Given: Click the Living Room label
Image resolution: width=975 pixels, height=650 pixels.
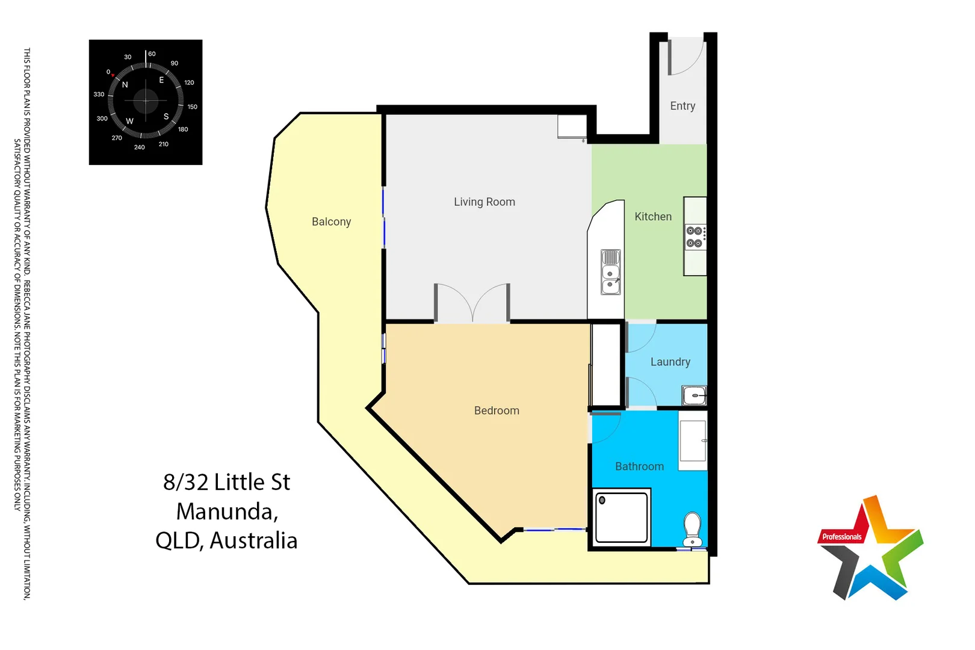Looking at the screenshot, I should (x=484, y=202).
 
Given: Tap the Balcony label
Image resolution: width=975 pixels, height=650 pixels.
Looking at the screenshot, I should (x=331, y=222).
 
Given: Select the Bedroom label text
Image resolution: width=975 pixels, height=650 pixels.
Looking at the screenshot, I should (x=497, y=411).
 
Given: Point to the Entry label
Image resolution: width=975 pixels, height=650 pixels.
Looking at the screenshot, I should (x=682, y=106).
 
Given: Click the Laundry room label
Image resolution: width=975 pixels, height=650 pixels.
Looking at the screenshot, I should (x=670, y=362).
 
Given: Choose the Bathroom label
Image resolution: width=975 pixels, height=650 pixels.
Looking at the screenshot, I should (x=639, y=467).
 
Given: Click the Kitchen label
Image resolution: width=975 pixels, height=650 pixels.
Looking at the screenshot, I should (x=653, y=217).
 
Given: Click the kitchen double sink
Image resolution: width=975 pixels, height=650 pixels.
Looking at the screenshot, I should (x=610, y=273).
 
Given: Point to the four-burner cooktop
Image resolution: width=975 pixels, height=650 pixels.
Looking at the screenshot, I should (x=695, y=237).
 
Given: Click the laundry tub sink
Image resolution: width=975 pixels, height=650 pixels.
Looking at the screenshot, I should (x=695, y=395).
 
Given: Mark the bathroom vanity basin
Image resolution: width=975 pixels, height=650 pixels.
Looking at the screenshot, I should (x=693, y=441).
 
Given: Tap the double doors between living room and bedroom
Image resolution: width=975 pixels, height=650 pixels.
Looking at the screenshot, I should (x=472, y=304).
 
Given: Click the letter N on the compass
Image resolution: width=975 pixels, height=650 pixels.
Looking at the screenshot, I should (x=125, y=85).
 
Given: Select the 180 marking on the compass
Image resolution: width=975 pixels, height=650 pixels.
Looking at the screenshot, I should (x=183, y=129).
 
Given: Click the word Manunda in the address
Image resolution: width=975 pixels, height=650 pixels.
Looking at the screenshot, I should (x=227, y=512).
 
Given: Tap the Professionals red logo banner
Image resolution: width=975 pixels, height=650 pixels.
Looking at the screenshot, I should (x=841, y=537).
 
